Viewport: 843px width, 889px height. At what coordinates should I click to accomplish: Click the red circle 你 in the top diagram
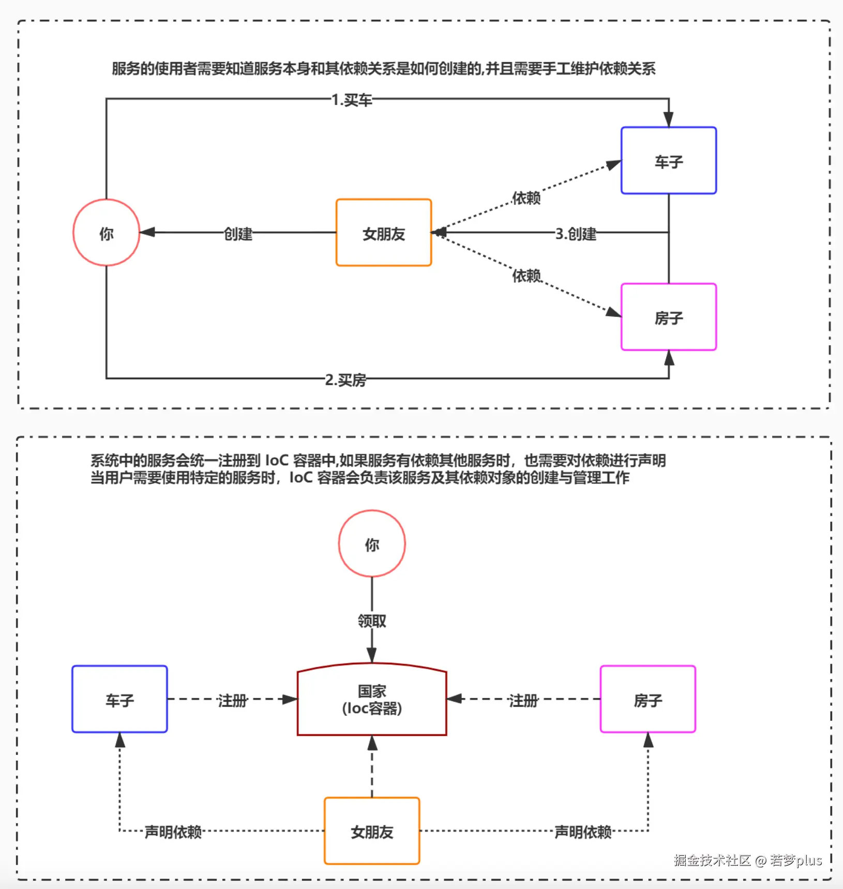click(106, 233)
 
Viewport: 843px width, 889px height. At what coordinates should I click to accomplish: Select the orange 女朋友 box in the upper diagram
click(383, 233)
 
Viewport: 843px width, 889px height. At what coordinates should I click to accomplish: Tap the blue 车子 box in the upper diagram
click(668, 161)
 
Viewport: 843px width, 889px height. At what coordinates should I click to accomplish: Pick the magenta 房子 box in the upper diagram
click(668, 317)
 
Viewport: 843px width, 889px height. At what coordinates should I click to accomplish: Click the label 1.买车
click(352, 99)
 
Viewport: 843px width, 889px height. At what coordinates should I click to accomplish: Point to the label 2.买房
click(345, 380)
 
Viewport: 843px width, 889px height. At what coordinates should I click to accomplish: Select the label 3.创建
click(576, 234)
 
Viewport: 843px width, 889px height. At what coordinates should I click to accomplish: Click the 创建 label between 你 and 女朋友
click(238, 234)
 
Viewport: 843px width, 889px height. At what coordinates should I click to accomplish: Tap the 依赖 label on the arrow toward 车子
click(526, 198)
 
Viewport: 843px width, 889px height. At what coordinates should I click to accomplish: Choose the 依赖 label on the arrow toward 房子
click(526, 275)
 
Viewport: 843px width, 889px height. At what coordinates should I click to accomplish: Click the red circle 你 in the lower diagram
click(372, 544)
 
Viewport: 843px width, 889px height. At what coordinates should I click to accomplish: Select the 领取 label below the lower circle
click(372, 620)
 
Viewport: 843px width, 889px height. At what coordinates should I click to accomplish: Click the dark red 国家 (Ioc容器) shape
click(372, 700)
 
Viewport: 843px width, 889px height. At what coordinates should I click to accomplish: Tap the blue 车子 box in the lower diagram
click(119, 700)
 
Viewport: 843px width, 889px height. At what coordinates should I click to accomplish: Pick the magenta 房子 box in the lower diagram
click(648, 700)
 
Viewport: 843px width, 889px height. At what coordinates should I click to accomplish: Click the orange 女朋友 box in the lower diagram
click(372, 831)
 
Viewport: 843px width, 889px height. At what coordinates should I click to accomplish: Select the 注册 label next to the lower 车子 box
click(232, 700)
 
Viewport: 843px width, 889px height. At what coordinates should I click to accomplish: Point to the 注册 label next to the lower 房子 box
click(523, 700)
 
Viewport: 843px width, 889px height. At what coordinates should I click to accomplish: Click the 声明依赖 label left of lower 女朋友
click(173, 832)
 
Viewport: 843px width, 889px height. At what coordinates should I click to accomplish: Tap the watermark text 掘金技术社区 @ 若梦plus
click(747, 860)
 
